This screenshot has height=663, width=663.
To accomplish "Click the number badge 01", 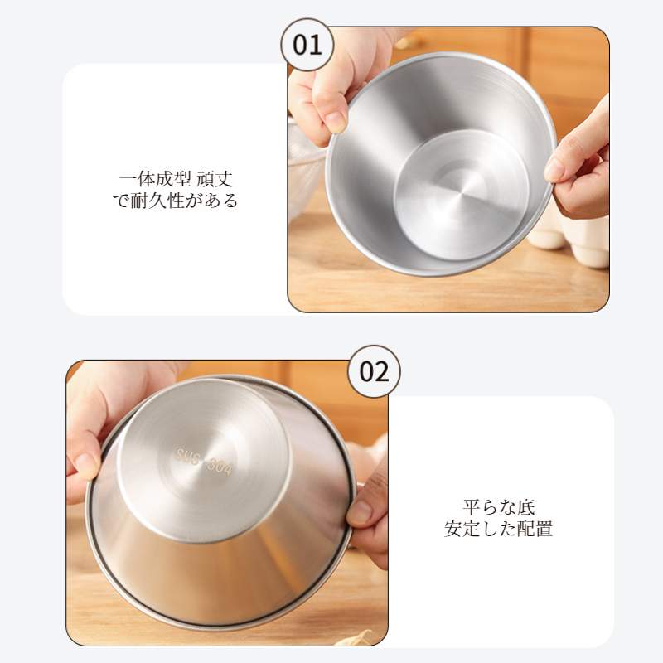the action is (x=307, y=45).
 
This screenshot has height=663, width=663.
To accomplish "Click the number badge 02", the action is (x=374, y=371).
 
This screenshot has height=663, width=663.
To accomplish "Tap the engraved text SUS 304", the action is (x=203, y=462).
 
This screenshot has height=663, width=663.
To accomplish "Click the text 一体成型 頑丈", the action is (x=176, y=179).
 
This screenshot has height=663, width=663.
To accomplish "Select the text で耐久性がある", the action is (x=176, y=201).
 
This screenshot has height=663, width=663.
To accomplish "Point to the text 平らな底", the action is (x=499, y=507).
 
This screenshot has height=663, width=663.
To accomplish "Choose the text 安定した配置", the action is (x=499, y=529).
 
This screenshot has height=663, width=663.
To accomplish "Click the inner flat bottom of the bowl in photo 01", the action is (x=462, y=195).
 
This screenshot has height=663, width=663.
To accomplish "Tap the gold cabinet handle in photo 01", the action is (x=408, y=42).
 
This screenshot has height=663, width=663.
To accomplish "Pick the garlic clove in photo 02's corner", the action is (x=355, y=637).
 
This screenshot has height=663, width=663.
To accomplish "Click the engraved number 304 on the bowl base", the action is (x=220, y=467).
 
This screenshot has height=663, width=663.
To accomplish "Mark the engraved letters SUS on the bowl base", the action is (x=187, y=457).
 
